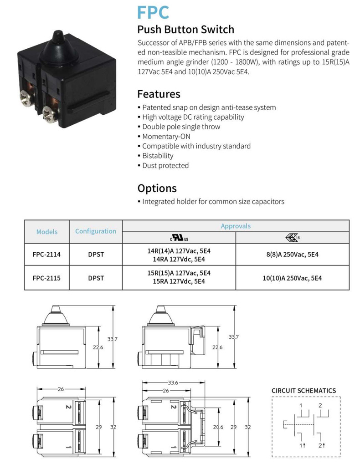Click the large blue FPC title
tap(153, 12)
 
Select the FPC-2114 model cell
tap(46, 255)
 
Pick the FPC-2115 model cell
tap(46, 278)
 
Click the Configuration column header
tap(96, 231)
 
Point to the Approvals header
tap(236, 226)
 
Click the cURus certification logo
tap(179, 238)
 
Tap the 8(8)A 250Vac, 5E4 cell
tap(293, 255)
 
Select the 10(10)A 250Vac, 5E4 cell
tap(293, 278)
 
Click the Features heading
tap(159, 94)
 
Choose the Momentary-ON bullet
tap(164, 137)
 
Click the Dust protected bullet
tap(163, 165)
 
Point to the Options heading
tap(157, 189)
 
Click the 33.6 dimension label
tap(173, 382)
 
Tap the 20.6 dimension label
tap(218, 427)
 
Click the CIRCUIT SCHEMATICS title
tap(304, 391)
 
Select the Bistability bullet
tap(155, 156)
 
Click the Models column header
tap(46, 232)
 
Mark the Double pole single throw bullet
tap(179, 127)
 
